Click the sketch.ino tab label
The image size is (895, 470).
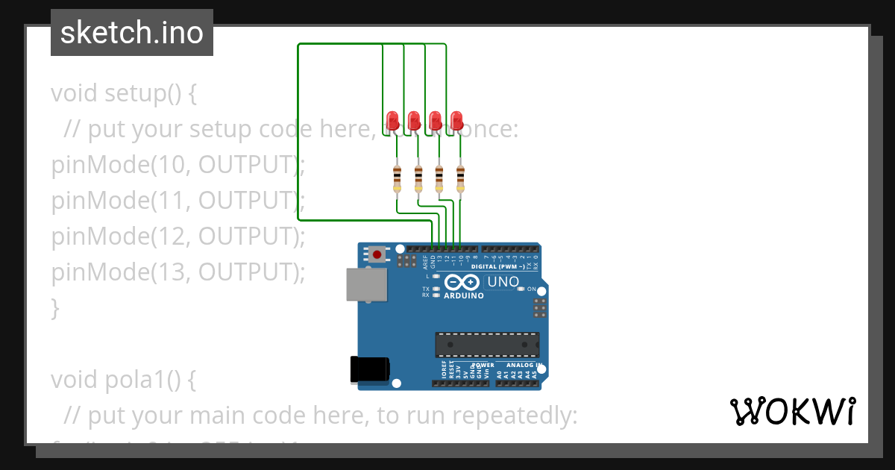click(131, 33)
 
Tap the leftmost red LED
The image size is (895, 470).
click(393, 119)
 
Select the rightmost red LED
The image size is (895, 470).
click(456, 119)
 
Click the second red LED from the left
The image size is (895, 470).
click(414, 119)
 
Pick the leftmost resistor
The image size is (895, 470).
click(397, 178)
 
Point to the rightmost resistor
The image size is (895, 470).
click(460, 178)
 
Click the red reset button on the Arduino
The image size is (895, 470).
click(377, 254)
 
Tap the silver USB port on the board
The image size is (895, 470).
click(366, 285)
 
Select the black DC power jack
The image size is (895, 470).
click(370, 369)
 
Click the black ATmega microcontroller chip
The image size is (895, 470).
click(487, 344)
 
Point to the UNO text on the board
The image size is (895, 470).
click(503, 282)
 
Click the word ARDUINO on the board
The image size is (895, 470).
click(463, 295)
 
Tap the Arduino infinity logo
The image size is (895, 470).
click(462, 283)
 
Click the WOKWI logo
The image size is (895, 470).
click(792, 411)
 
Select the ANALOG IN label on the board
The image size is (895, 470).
click(524, 365)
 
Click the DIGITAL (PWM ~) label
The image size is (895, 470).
click(497, 266)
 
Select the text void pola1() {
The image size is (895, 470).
click(123, 380)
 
